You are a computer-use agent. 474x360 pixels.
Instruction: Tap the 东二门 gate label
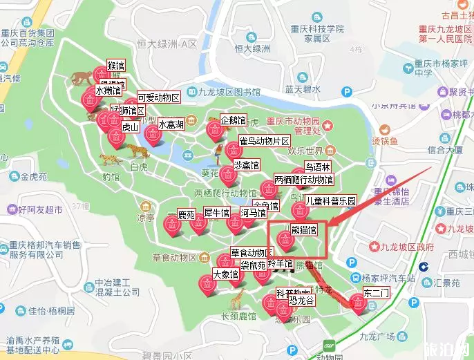[376, 293]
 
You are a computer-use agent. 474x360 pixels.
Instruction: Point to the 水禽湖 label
[171, 125]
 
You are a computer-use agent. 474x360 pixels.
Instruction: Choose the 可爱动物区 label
[158, 97]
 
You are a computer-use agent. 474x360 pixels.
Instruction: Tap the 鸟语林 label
[318, 167]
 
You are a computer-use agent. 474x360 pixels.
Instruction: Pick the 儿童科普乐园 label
[331, 201]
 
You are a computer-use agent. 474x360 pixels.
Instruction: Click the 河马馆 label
[253, 212]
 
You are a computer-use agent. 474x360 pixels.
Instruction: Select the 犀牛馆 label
[216, 212]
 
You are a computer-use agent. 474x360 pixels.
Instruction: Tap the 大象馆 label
[225, 274]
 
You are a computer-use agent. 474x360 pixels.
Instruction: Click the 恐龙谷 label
[302, 301]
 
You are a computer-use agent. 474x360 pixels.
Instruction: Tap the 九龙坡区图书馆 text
[235, 91]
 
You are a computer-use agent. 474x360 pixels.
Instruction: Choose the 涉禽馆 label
[246, 166]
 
